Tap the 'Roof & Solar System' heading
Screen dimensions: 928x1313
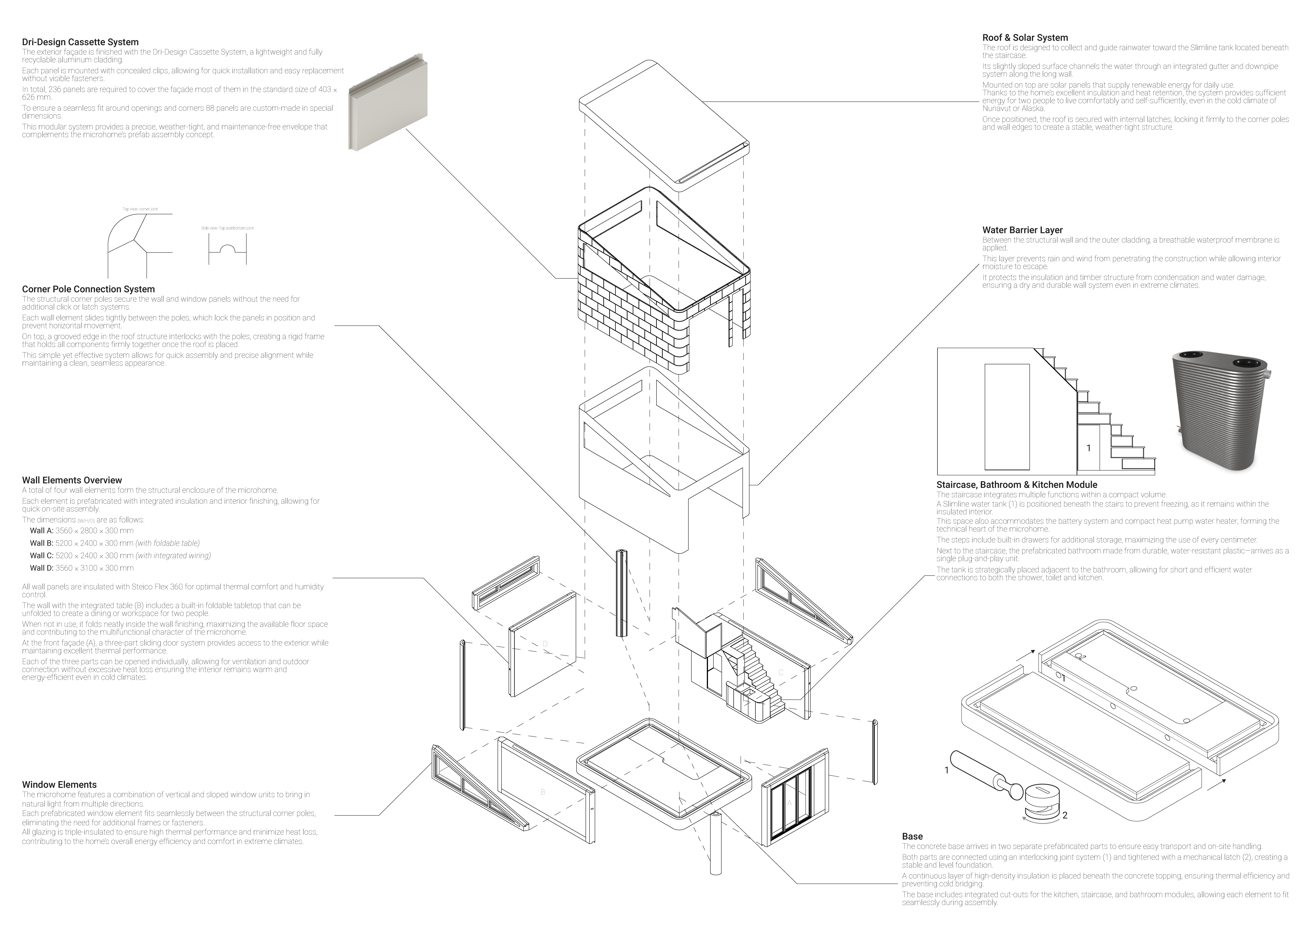click(x=1025, y=38)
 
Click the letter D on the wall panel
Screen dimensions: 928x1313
click(x=545, y=644)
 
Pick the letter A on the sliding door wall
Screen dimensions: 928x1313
click(x=790, y=803)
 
